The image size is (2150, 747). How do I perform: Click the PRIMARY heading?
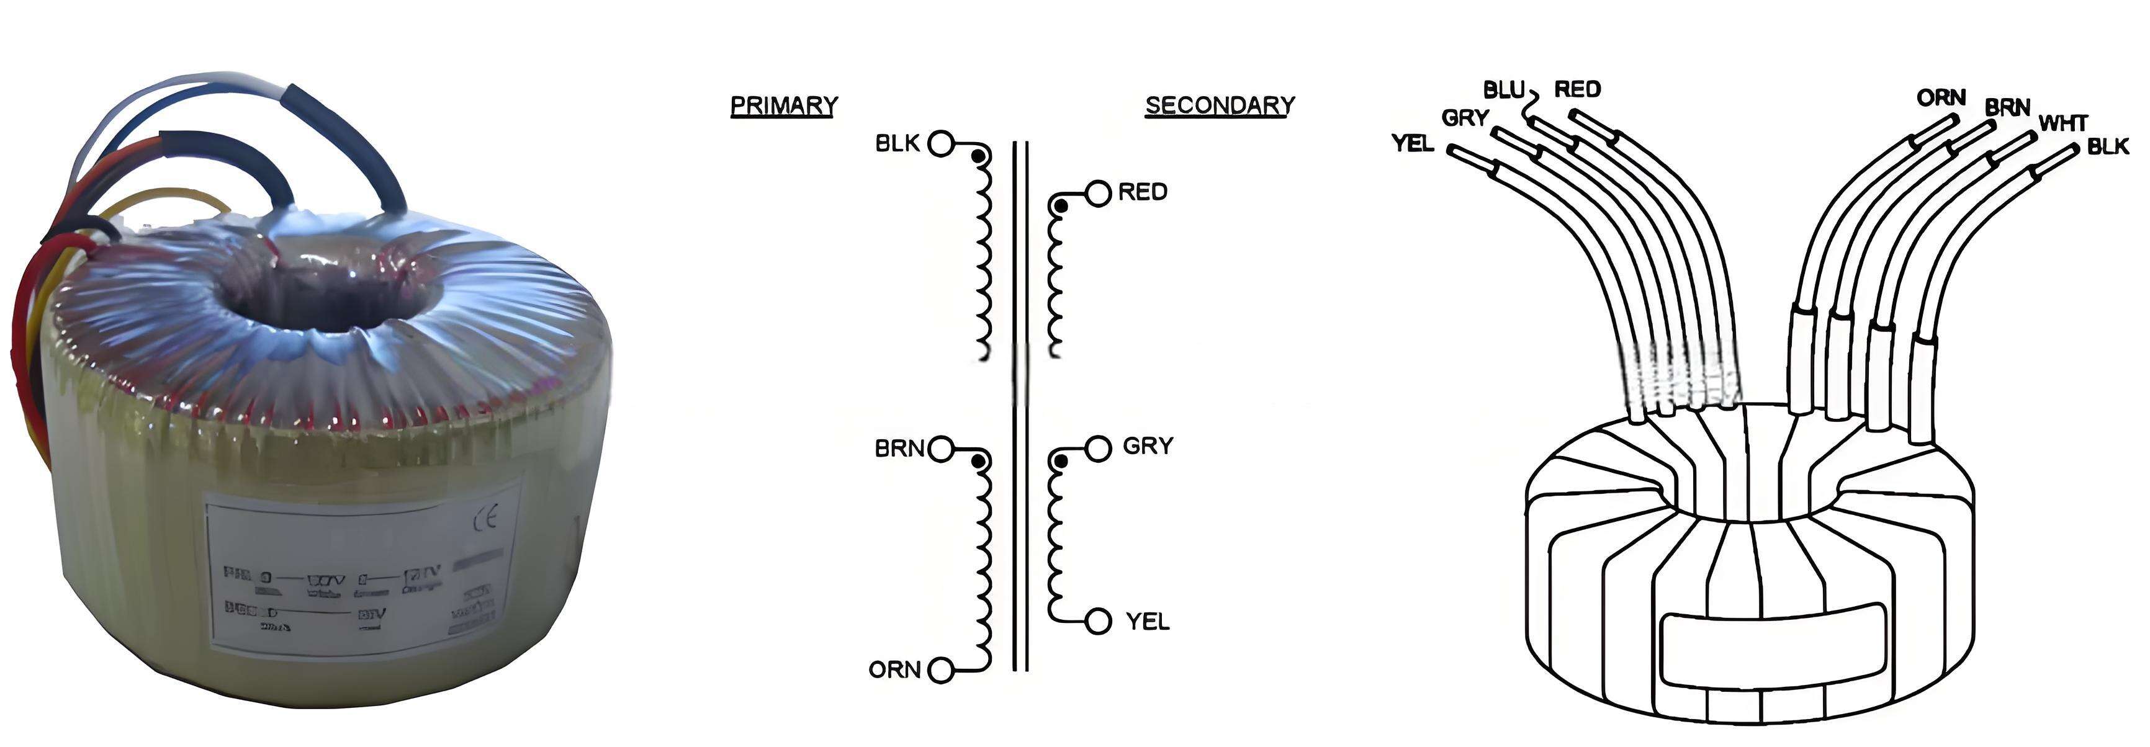click(x=783, y=106)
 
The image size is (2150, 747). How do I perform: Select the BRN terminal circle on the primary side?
click(x=941, y=449)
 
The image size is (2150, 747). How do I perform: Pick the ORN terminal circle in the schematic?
click(x=941, y=670)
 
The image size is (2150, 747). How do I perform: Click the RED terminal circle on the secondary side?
click(x=1099, y=193)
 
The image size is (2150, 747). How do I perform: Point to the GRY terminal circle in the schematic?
click(x=1099, y=448)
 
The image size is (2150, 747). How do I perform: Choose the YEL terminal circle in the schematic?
click(x=1099, y=621)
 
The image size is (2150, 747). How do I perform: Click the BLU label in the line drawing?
click(x=1504, y=90)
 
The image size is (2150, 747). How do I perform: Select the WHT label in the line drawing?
click(x=2063, y=123)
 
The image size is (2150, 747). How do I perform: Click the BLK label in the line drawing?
click(x=2108, y=147)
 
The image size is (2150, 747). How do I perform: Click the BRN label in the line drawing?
click(x=2007, y=108)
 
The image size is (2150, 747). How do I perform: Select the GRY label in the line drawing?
click(x=1465, y=119)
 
